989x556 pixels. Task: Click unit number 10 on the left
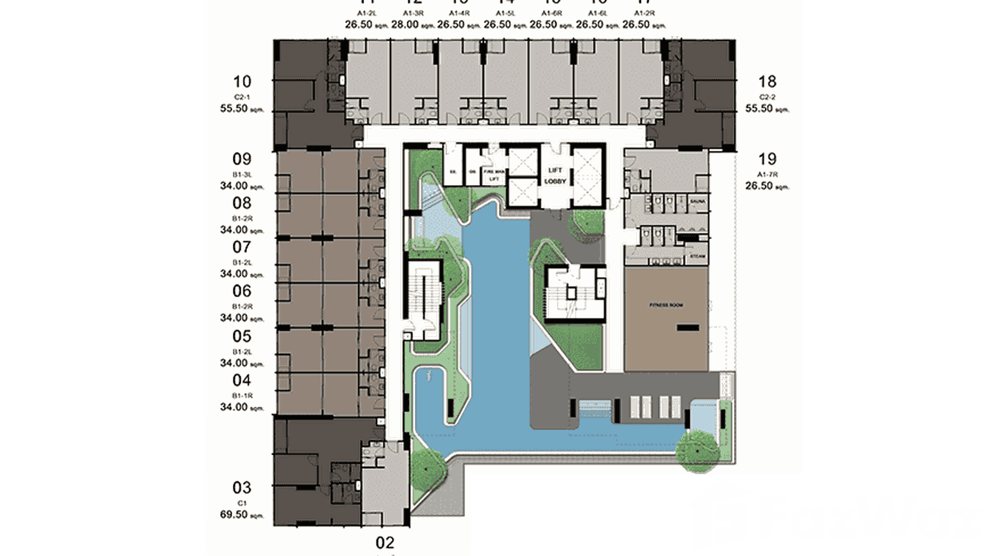242,82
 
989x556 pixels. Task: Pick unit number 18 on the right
766,82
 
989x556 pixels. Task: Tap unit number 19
766,158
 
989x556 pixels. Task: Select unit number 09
242,159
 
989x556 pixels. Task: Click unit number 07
242,247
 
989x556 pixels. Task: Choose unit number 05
242,336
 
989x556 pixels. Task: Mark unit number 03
242,487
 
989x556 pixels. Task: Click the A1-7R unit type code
766,173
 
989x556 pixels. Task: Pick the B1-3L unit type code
242,174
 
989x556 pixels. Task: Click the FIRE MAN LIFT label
492,175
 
